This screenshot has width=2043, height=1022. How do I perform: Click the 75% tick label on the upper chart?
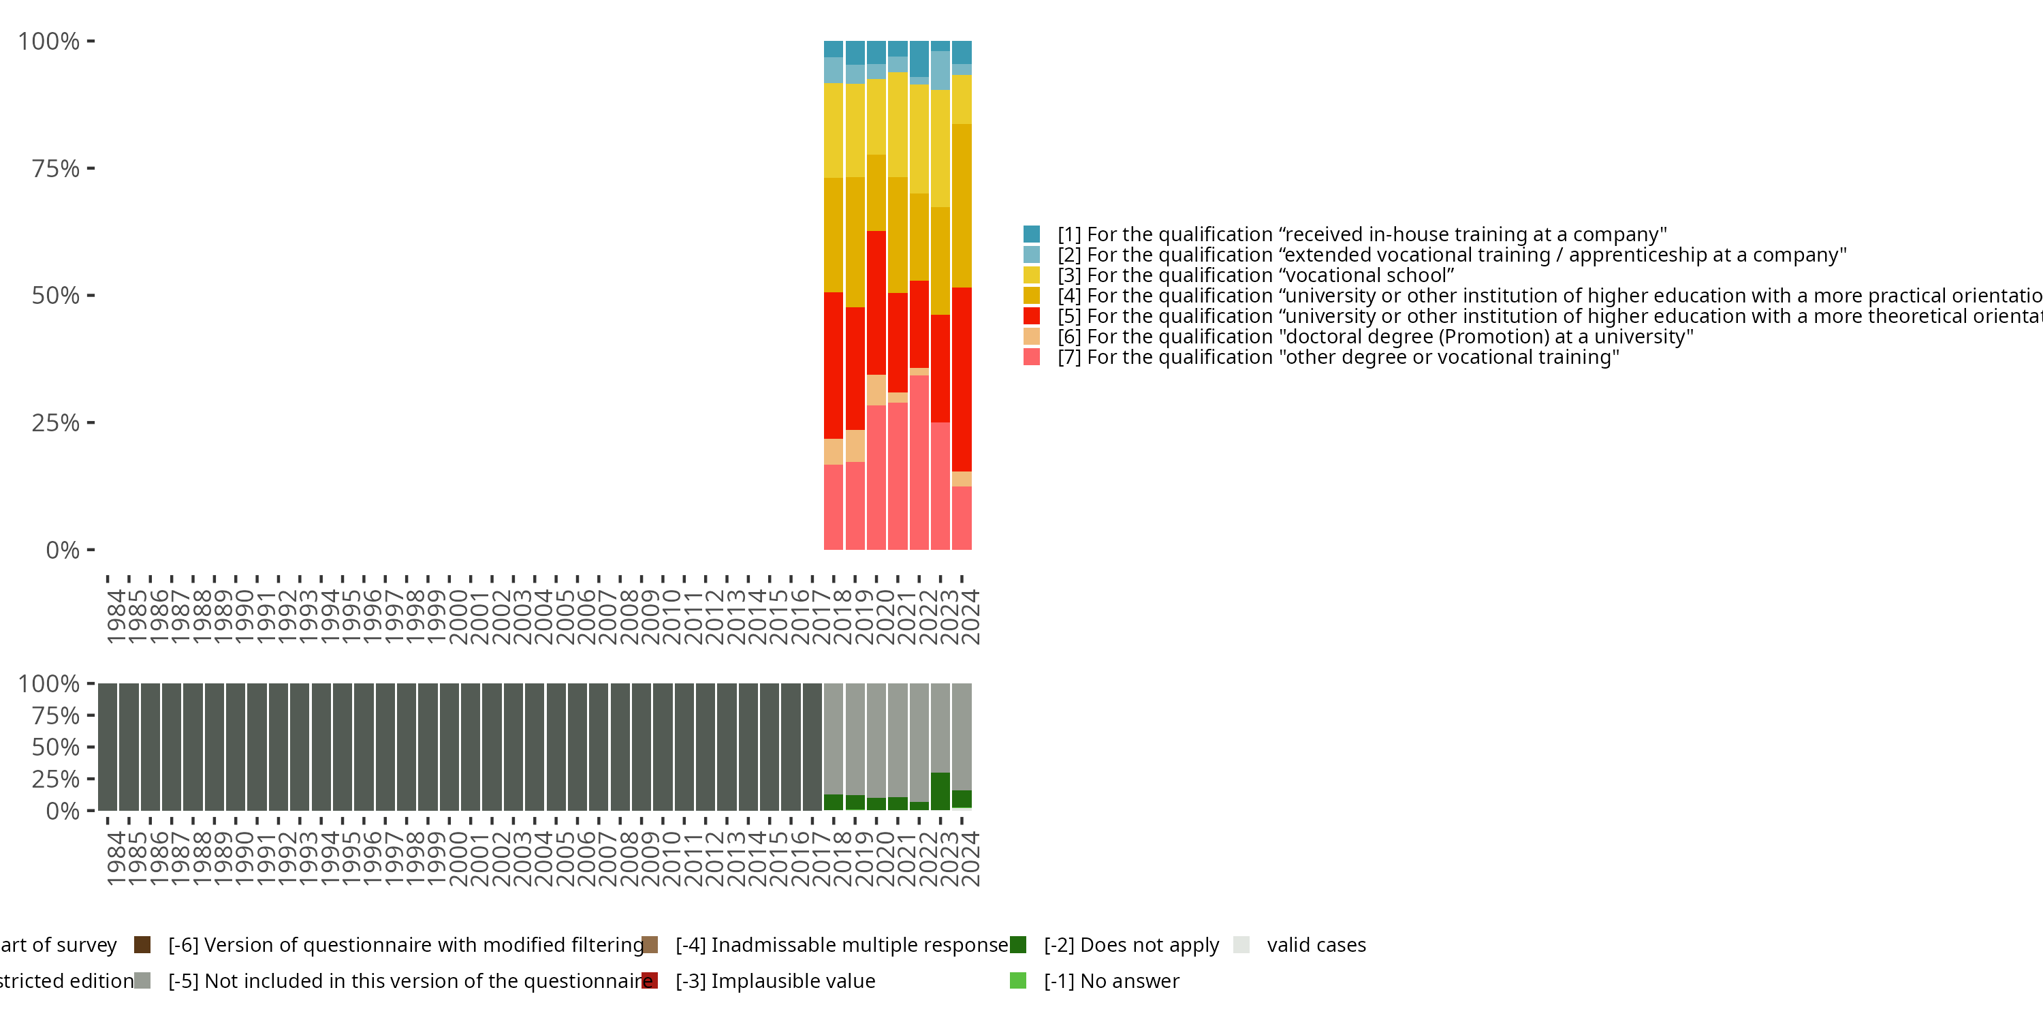pyautogui.click(x=56, y=168)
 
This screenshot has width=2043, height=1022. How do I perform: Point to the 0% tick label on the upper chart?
pyautogui.click(x=63, y=550)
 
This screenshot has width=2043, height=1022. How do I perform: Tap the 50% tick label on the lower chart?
pyautogui.click(x=56, y=747)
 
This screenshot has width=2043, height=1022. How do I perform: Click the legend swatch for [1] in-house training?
pyautogui.click(x=1031, y=234)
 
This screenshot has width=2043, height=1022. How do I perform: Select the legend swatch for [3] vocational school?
pyautogui.click(x=1031, y=275)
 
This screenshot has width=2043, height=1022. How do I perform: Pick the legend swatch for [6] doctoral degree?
pyautogui.click(x=1031, y=337)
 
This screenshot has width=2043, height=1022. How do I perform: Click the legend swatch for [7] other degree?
pyautogui.click(x=1031, y=357)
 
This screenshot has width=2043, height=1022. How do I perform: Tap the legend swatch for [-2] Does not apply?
pyautogui.click(x=1018, y=944)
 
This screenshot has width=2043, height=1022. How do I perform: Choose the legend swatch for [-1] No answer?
pyautogui.click(x=1018, y=980)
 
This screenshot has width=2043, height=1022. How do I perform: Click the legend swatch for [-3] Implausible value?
pyautogui.click(x=650, y=980)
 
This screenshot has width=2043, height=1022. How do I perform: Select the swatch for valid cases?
pyautogui.click(x=1242, y=944)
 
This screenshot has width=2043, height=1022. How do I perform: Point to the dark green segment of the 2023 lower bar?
pyautogui.click(x=940, y=791)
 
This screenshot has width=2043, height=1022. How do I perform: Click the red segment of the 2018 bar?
pyautogui.click(x=834, y=365)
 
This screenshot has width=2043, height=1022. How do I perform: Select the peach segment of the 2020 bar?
pyautogui.click(x=876, y=390)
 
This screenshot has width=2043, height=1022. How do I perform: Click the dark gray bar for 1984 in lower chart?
pyautogui.click(x=108, y=747)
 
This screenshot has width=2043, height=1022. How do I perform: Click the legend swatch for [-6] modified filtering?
pyautogui.click(x=143, y=944)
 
